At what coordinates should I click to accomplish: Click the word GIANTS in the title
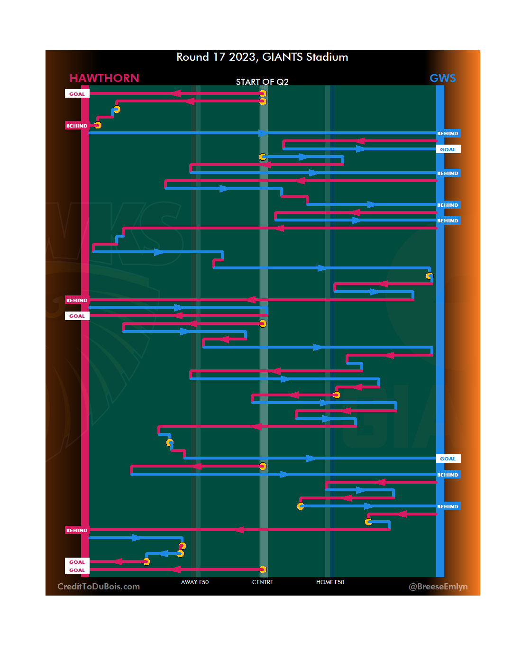pyautogui.click(x=282, y=57)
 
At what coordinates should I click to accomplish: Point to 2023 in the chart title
pyautogui.click(x=242, y=57)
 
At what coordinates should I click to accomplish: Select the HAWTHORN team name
pyautogui.click(x=104, y=78)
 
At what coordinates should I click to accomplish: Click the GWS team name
pyautogui.click(x=442, y=78)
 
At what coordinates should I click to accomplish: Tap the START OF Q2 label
pyautogui.click(x=262, y=82)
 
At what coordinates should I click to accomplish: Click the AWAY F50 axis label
pyautogui.click(x=195, y=582)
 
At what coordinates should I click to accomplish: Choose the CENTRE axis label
pyautogui.click(x=263, y=582)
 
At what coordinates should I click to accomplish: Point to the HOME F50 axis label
pyautogui.click(x=330, y=582)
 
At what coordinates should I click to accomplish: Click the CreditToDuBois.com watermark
pyautogui.click(x=99, y=587)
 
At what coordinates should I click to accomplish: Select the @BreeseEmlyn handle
pyautogui.click(x=438, y=587)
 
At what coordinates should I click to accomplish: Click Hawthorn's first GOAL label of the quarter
pyautogui.click(x=77, y=94)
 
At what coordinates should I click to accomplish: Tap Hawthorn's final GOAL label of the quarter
pyautogui.click(x=77, y=570)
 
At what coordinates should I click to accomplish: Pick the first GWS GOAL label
pyautogui.click(x=448, y=149)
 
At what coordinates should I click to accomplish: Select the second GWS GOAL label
pyautogui.click(x=448, y=459)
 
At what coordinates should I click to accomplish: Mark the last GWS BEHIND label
pyautogui.click(x=448, y=506)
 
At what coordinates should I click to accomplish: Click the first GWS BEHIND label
pyautogui.click(x=448, y=133)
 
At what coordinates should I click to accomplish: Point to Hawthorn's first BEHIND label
pyautogui.click(x=77, y=126)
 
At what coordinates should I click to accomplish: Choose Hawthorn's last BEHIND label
pyautogui.click(x=77, y=530)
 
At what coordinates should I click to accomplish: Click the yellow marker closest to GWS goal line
pyautogui.click(x=430, y=276)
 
